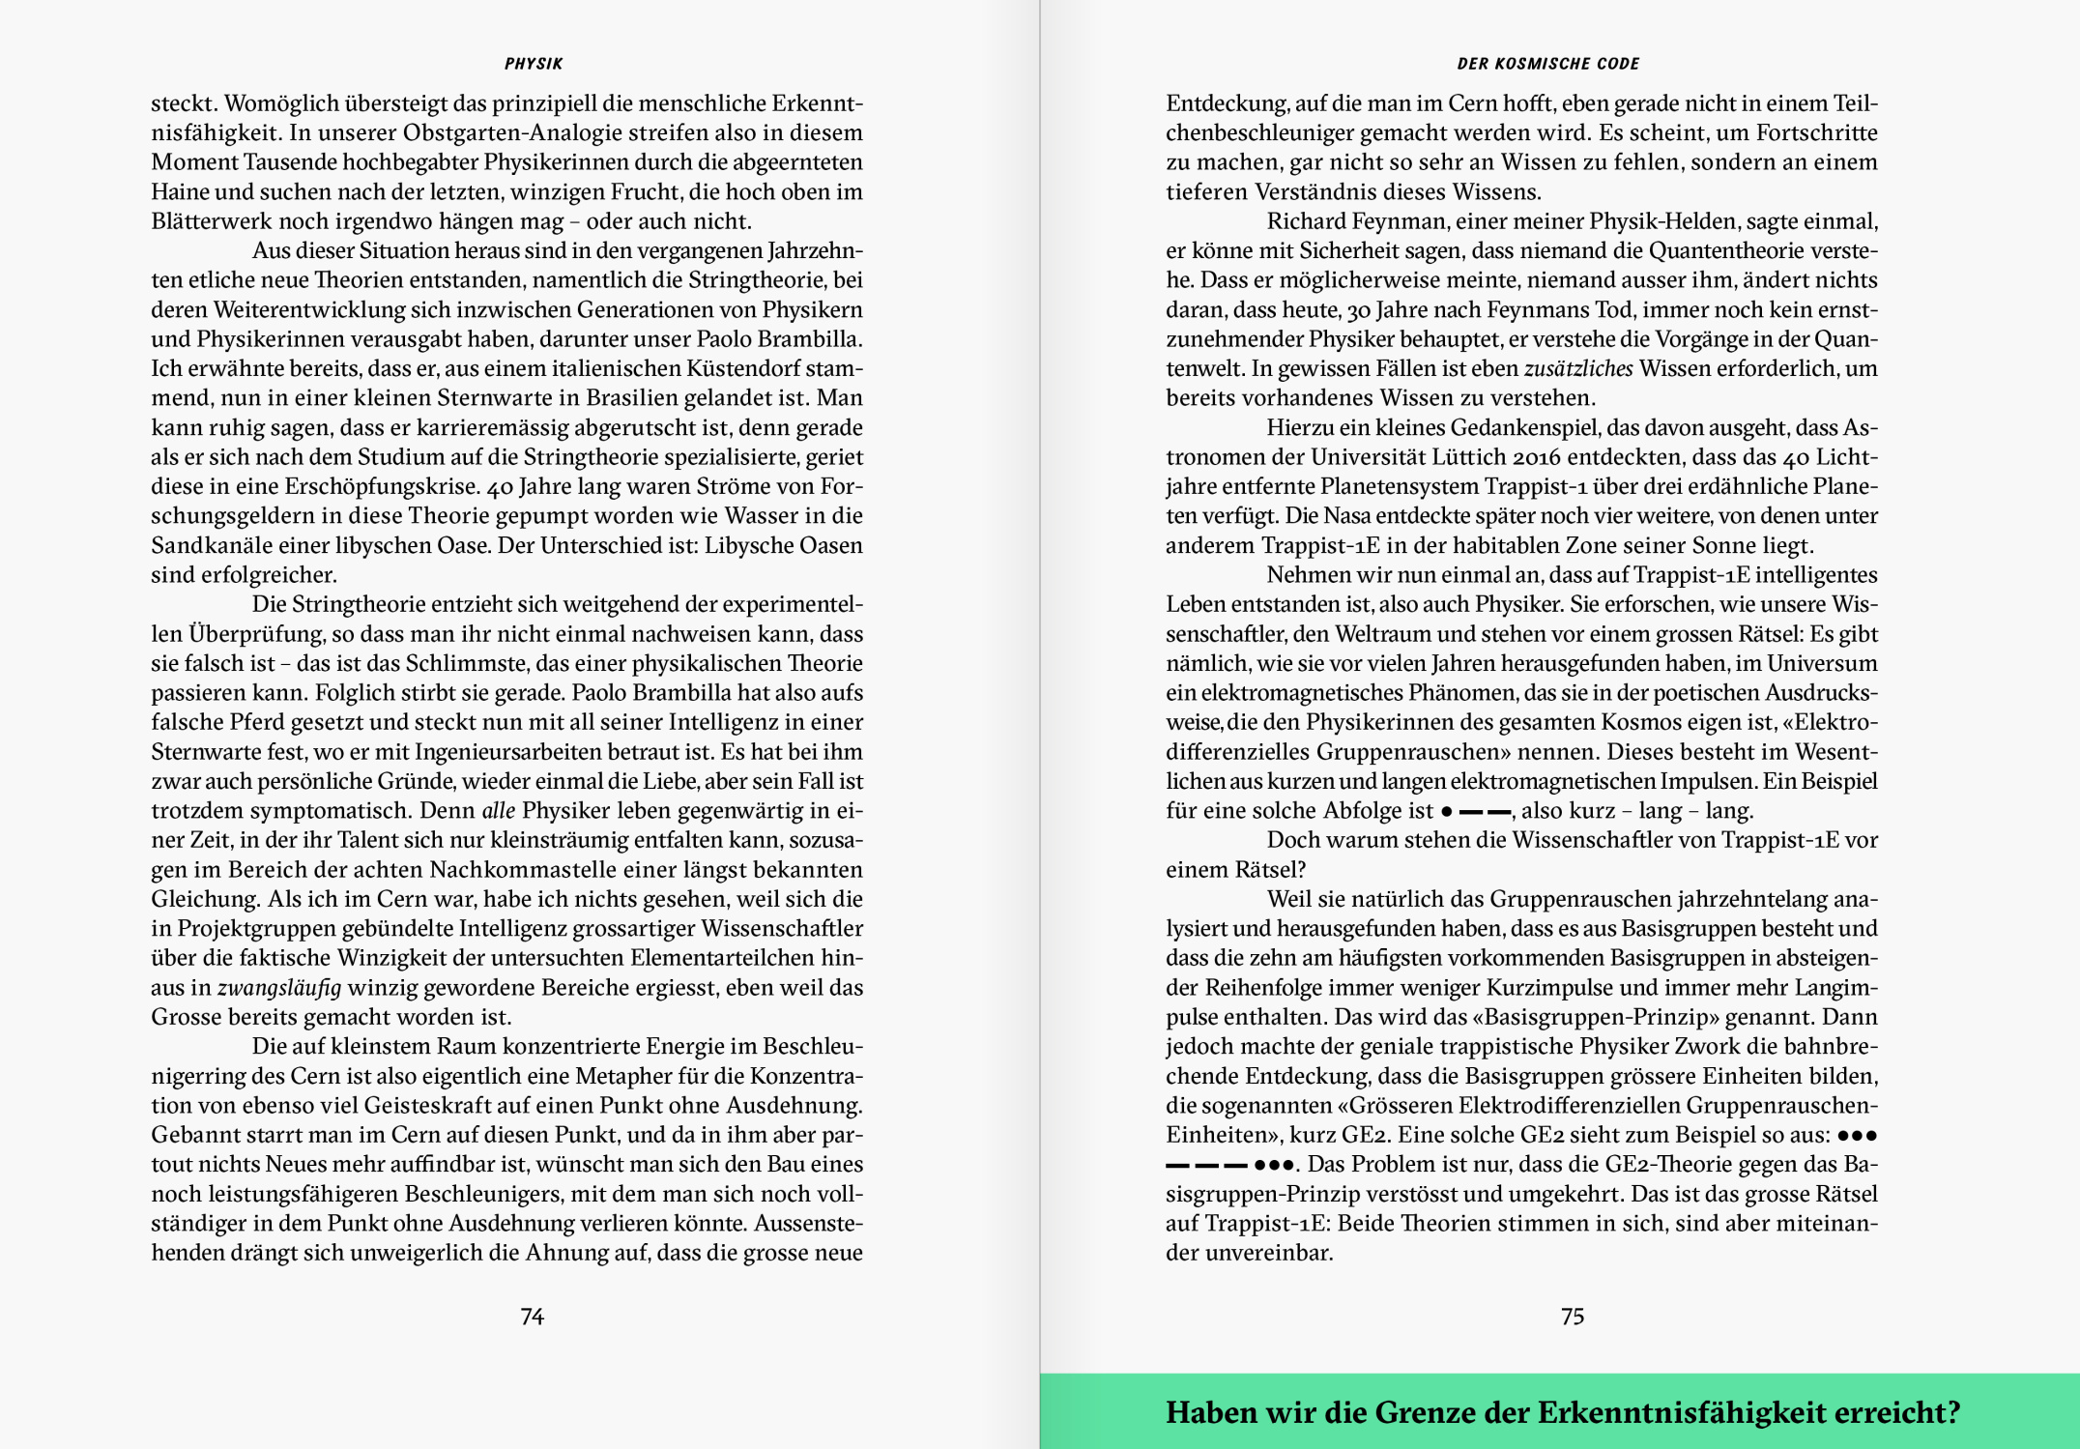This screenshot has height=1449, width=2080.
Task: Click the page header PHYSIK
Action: point(533,64)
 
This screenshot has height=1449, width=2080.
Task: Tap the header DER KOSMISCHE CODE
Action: point(1547,64)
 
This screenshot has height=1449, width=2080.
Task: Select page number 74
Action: point(532,1317)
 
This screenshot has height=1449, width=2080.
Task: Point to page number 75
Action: point(1572,1317)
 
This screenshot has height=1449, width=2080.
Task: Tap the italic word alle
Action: point(498,810)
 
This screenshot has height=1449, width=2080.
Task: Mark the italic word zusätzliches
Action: point(1578,368)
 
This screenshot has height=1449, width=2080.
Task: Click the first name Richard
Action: point(1307,221)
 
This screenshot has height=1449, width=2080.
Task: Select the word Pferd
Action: point(260,722)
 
